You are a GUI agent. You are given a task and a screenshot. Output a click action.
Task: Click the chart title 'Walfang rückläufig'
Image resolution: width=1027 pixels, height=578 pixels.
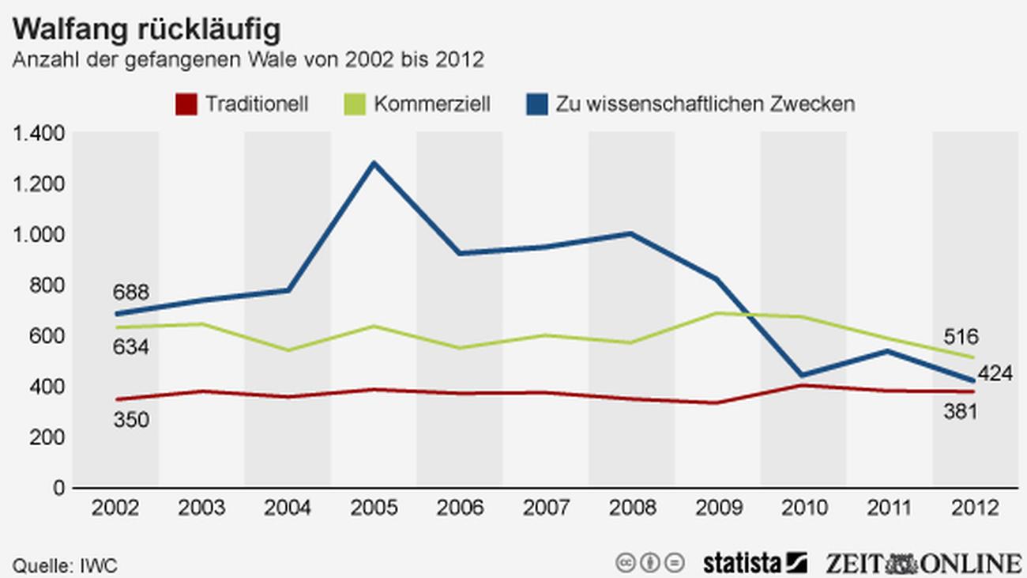[x=146, y=29]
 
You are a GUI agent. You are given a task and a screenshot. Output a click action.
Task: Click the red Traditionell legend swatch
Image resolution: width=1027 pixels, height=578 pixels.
[x=185, y=104]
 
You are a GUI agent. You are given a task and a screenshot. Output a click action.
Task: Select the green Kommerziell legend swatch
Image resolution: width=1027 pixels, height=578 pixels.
[x=355, y=104]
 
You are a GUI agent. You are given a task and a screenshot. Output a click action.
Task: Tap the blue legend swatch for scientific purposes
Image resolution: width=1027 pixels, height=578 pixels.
[x=537, y=104]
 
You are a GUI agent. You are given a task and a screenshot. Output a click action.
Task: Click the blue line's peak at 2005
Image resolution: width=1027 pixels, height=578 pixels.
[x=374, y=164]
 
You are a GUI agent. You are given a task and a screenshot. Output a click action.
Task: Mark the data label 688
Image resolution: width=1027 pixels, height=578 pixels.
[x=130, y=293]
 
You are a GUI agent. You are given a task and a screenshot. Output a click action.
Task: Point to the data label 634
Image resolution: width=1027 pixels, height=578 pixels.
[x=130, y=347]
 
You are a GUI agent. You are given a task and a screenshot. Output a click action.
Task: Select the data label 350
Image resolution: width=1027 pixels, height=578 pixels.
[x=130, y=420]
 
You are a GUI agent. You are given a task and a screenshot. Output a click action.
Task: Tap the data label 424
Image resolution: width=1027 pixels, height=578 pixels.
[x=995, y=374]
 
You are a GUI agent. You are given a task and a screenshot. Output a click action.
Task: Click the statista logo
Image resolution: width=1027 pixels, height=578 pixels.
[x=754, y=562]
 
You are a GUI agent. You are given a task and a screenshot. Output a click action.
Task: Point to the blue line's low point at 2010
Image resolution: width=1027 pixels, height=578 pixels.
[x=803, y=376]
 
